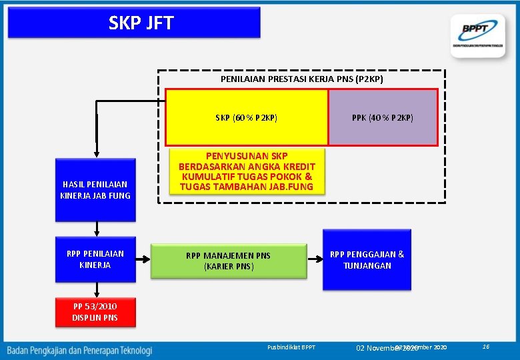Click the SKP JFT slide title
[141, 23]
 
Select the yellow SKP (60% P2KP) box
[246, 117]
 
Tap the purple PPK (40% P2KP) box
[383, 117]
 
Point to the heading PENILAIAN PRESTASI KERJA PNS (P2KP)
[301, 79]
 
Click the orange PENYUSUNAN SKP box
[246, 171]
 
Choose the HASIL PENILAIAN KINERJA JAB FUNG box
[95, 189]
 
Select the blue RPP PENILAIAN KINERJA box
[95, 259]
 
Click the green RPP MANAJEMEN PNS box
[229, 260]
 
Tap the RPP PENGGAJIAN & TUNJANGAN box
[367, 259]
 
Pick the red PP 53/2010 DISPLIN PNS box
[95, 312]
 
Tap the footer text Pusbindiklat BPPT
[291, 348]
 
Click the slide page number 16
[486, 347]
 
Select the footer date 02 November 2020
[387, 348]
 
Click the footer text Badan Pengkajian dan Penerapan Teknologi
[80, 349]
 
